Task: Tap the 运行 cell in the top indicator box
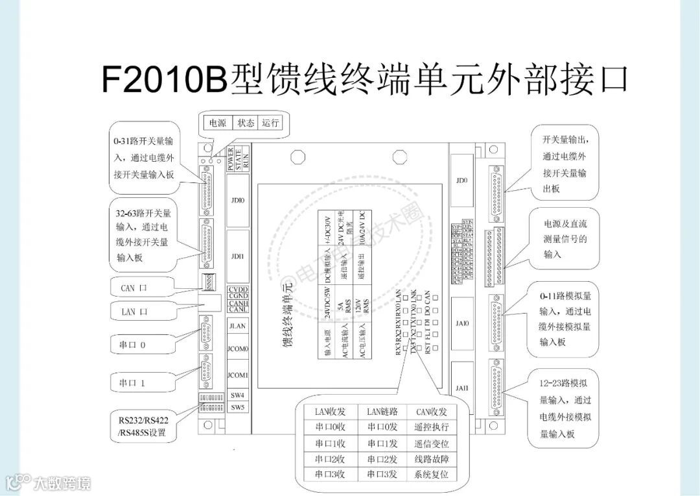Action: [x=270, y=122]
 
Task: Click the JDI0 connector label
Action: [x=237, y=199]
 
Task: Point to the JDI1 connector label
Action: [x=237, y=256]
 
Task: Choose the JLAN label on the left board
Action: [x=237, y=327]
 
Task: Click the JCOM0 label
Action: [x=237, y=349]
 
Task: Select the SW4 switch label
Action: [x=237, y=395]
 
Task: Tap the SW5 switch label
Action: [x=237, y=407]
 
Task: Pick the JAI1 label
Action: [x=461, y=388]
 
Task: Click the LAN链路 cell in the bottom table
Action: [x=382, y=412]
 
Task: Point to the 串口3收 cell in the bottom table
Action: [x=330, y=475]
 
